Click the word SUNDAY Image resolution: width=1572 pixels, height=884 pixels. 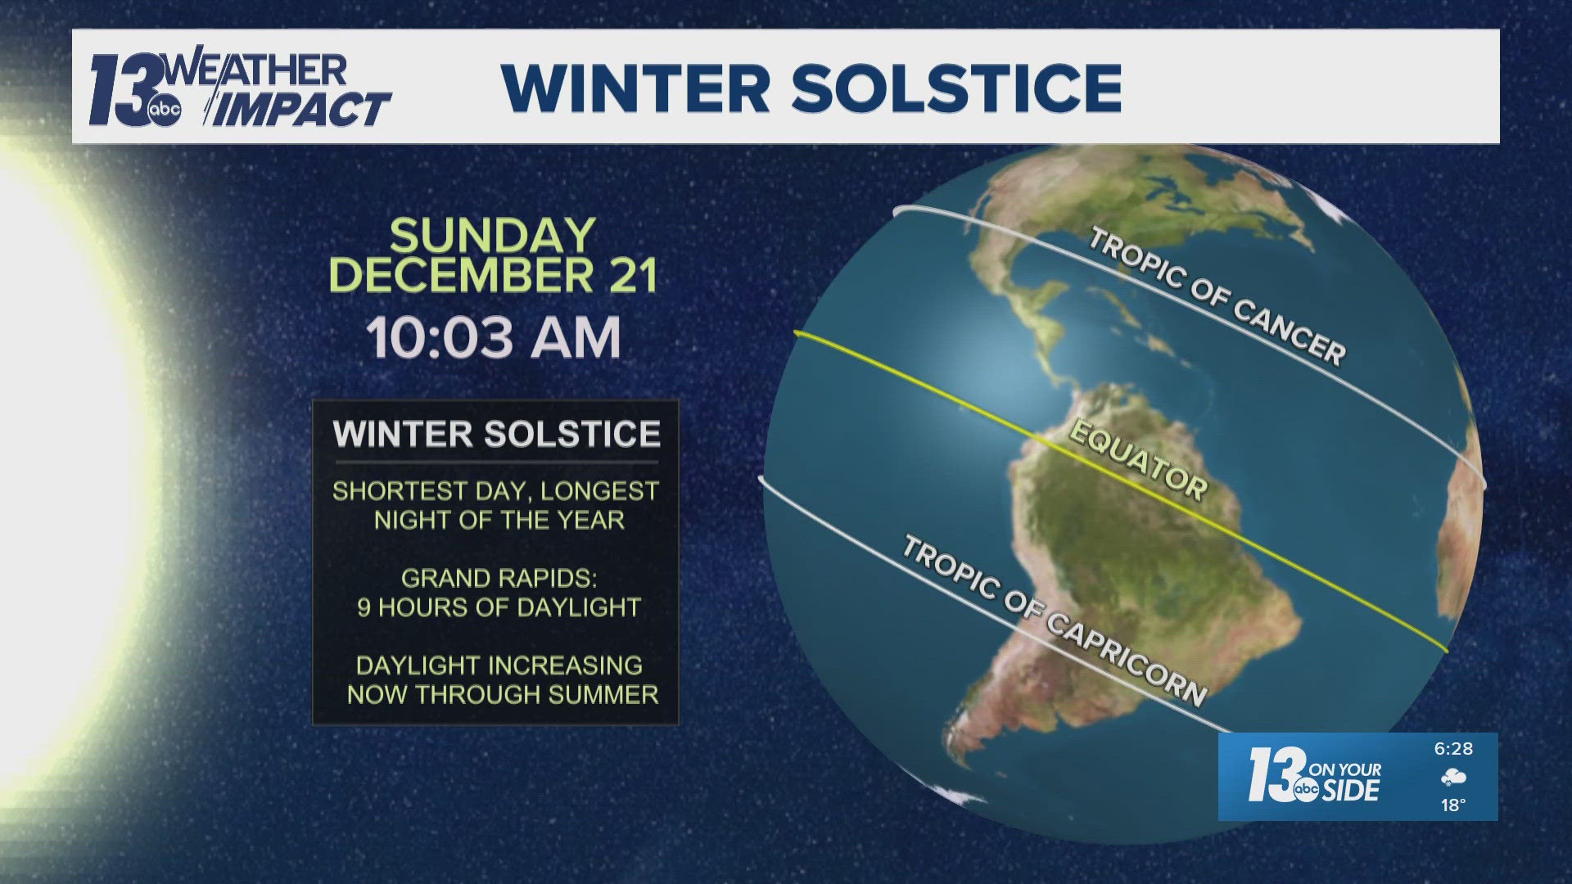coord(492,236)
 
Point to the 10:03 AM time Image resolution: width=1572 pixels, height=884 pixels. coord(494,337)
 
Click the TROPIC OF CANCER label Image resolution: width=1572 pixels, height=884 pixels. coord(1217,297)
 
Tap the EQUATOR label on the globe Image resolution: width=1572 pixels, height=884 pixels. coord(1139,461)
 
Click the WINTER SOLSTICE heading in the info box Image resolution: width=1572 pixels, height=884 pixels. coord(496,434)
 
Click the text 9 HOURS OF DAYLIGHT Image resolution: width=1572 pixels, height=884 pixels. coord(499,607)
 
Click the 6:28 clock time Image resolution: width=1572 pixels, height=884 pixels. coord(1453,749)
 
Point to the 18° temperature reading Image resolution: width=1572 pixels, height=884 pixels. coord(1453,805)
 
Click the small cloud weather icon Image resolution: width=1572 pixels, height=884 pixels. coord(1453,778)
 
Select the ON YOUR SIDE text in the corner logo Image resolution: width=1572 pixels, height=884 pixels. coord(1345,781)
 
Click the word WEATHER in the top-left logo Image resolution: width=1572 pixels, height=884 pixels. coord(258,71)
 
